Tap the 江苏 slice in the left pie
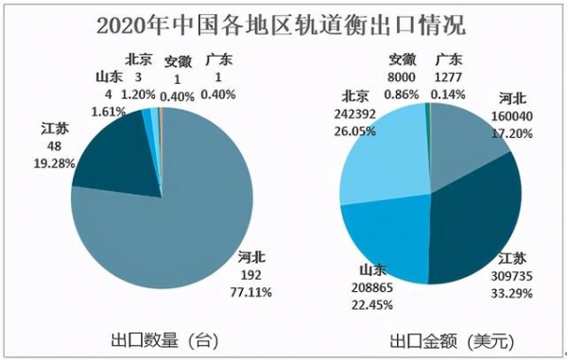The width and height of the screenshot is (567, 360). coord(113,151)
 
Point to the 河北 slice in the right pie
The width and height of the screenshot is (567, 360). coord(468,137)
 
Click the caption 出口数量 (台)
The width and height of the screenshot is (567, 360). coord(165,339)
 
